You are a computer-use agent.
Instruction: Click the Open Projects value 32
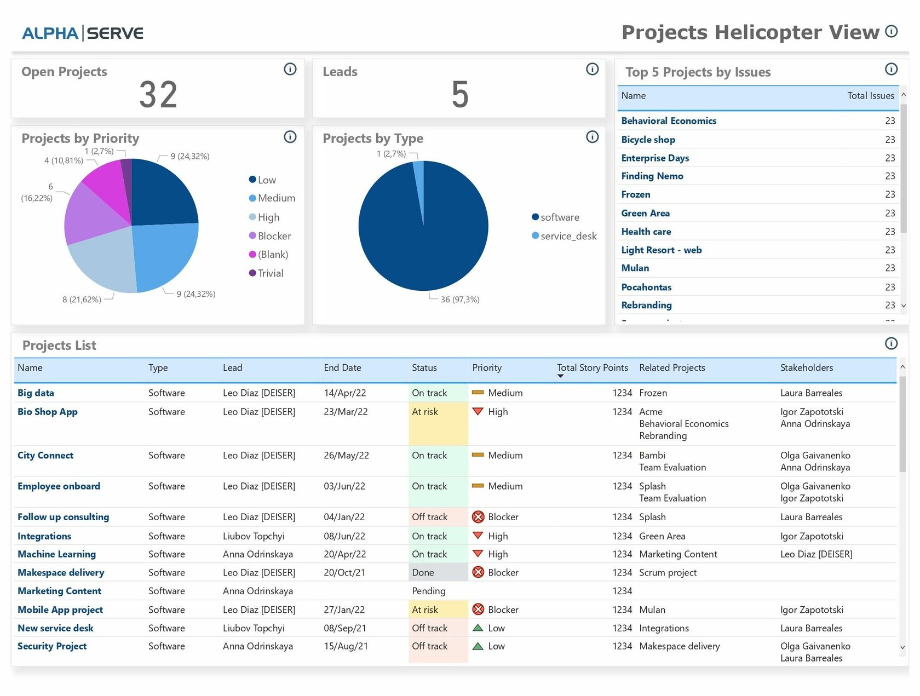158,95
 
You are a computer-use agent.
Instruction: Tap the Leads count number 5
459,95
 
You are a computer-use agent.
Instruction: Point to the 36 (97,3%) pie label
459,300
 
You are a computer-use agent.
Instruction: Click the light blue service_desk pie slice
419,186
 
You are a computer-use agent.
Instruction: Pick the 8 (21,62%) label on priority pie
82,300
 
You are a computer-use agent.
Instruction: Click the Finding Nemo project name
652,176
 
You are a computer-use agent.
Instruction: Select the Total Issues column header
870,96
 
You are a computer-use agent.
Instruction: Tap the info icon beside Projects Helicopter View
892,31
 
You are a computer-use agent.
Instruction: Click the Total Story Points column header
592,368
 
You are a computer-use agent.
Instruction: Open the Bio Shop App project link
48,412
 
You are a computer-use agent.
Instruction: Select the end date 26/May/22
346,456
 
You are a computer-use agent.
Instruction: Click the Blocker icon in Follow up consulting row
478,517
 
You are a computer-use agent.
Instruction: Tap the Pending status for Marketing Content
428,591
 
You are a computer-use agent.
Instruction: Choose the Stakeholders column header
806,368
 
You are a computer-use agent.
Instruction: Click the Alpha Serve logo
83,33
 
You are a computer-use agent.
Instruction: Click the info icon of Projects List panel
891,343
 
